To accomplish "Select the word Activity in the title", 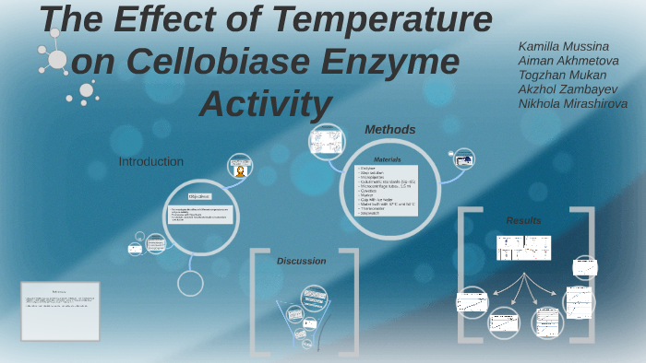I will (x=265, y=102).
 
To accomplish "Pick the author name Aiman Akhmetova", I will (x=568, y=61).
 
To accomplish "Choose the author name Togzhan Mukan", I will (x=563, y=75).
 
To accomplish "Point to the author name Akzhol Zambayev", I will (x=568, y=89).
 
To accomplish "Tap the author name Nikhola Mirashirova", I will (x=572, y=104).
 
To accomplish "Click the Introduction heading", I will (x=150, y=161).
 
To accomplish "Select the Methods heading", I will (x=389, y=130).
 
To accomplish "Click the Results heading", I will (x=523, y=220).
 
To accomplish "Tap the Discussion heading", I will (x=301, y=261).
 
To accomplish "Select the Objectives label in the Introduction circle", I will (x=199, y=196).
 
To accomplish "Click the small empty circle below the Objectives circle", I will (x=190, y=283).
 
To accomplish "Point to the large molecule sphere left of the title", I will (x=57, y=60).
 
